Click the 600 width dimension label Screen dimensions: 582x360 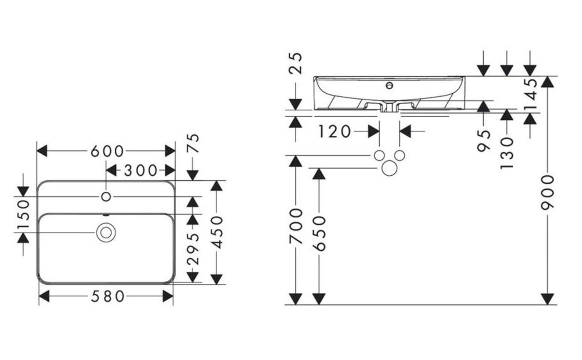[x=107, y=151]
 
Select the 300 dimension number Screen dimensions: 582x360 [x=141, y=171]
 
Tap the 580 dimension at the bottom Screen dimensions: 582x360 [x=107, y=296]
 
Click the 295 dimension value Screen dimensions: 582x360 [x=193, y=249]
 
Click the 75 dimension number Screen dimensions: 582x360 [x=193, y=143]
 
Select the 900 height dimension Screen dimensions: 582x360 [x=547, y=192]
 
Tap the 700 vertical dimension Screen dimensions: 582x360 [x=296, y=226]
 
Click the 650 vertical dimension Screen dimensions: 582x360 [x=319, y=234]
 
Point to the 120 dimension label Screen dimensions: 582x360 [x=334, y=131]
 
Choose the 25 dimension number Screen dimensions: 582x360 [x=296, y=63]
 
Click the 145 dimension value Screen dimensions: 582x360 [x=531, y=94]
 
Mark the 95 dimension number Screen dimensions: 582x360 [x=484, y=140]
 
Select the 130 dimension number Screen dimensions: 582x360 [x=506, y=152]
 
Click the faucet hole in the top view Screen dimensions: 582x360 [x=106, y=197]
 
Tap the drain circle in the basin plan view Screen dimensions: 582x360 [x=106, y=233]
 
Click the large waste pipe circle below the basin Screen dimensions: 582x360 [x=389, y=168]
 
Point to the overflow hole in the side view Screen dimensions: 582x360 [x=389, y=86]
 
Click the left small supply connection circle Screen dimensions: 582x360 [x=379, y=156]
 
